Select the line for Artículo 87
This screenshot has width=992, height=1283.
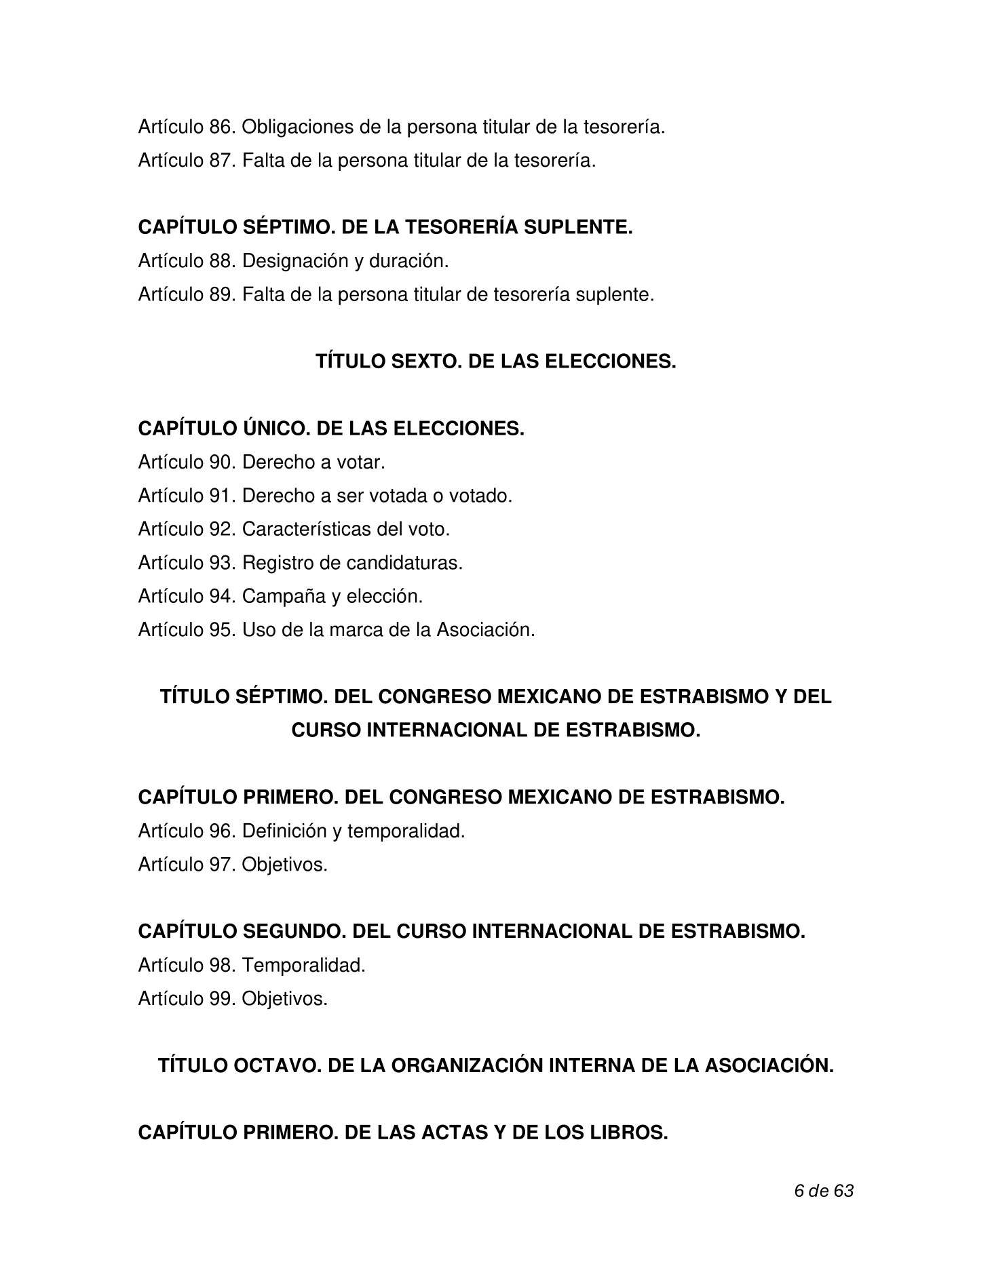coord(366,161)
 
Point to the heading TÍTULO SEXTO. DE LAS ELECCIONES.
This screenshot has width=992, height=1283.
coord(495,362)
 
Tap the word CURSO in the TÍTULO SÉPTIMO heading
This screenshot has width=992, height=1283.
coord(325,731)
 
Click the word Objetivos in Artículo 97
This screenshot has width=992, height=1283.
coord(284,865)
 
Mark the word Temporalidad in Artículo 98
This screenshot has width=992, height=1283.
coord(303,966)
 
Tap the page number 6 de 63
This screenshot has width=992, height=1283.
coord(823,1191)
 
